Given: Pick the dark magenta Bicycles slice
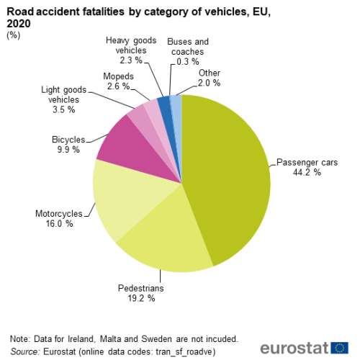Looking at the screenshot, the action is (135, 149).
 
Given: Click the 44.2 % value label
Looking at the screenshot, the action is (307, 172).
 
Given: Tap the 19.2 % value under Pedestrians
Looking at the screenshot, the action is (141, 298).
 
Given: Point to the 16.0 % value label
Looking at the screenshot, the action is (59, 224).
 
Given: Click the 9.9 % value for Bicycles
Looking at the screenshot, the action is (68, 150).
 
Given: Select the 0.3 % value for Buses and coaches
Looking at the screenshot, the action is (188, 62).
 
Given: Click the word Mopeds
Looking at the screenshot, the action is (118, 76).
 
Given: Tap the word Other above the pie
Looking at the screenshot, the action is (210, 73).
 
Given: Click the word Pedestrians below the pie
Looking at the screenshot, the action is (141, 288).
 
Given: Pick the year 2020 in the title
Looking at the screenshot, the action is (19, 24).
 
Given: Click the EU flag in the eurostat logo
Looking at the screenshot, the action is (339, 348).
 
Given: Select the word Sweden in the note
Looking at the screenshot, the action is (156, 339).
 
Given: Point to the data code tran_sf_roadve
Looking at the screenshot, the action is (184, 352).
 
